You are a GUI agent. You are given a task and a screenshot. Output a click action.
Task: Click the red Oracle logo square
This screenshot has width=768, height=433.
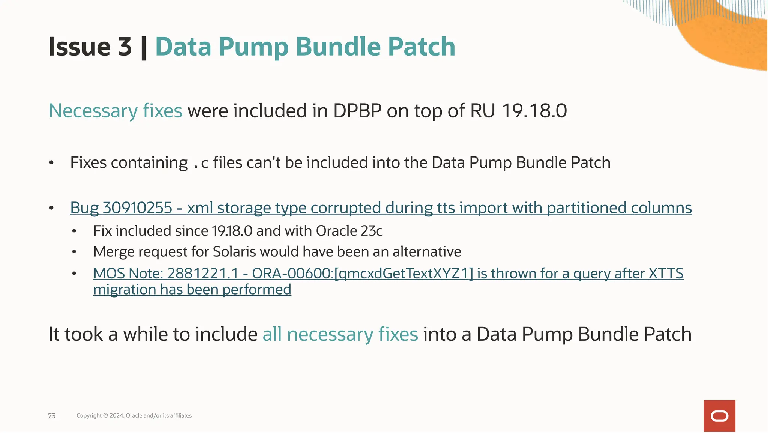point(719,416)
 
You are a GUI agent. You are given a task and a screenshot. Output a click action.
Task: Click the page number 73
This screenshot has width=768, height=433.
point(52,416)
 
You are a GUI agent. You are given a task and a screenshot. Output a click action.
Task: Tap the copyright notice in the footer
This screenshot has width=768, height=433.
point(134,415)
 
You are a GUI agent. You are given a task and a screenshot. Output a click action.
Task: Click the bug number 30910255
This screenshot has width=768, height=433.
point(137,208)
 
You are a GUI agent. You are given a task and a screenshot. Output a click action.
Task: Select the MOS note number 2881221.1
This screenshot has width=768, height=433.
point(203,274)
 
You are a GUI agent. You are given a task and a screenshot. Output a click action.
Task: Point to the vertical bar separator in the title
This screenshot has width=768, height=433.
point(143,48)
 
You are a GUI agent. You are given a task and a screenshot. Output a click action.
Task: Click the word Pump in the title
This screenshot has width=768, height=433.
point(254,47)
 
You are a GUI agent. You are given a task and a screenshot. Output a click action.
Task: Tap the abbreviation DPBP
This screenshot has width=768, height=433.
point(357,111)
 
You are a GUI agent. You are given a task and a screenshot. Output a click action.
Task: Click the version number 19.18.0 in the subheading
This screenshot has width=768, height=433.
point(534,111)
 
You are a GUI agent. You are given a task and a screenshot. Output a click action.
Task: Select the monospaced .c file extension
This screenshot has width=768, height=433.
point(201,163)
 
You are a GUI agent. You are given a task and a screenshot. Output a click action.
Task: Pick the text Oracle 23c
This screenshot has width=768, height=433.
point(349,231)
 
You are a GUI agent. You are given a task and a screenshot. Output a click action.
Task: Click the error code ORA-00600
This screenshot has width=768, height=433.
point(292,274)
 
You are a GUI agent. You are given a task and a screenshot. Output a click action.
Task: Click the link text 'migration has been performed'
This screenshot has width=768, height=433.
point(192,290)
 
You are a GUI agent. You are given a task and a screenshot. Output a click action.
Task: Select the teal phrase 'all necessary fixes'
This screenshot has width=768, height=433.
point(340,334)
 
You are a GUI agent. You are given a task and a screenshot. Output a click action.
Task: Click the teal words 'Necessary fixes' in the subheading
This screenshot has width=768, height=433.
point(115,111)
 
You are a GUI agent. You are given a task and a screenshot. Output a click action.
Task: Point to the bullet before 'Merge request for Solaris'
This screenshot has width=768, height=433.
point(74,252)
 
